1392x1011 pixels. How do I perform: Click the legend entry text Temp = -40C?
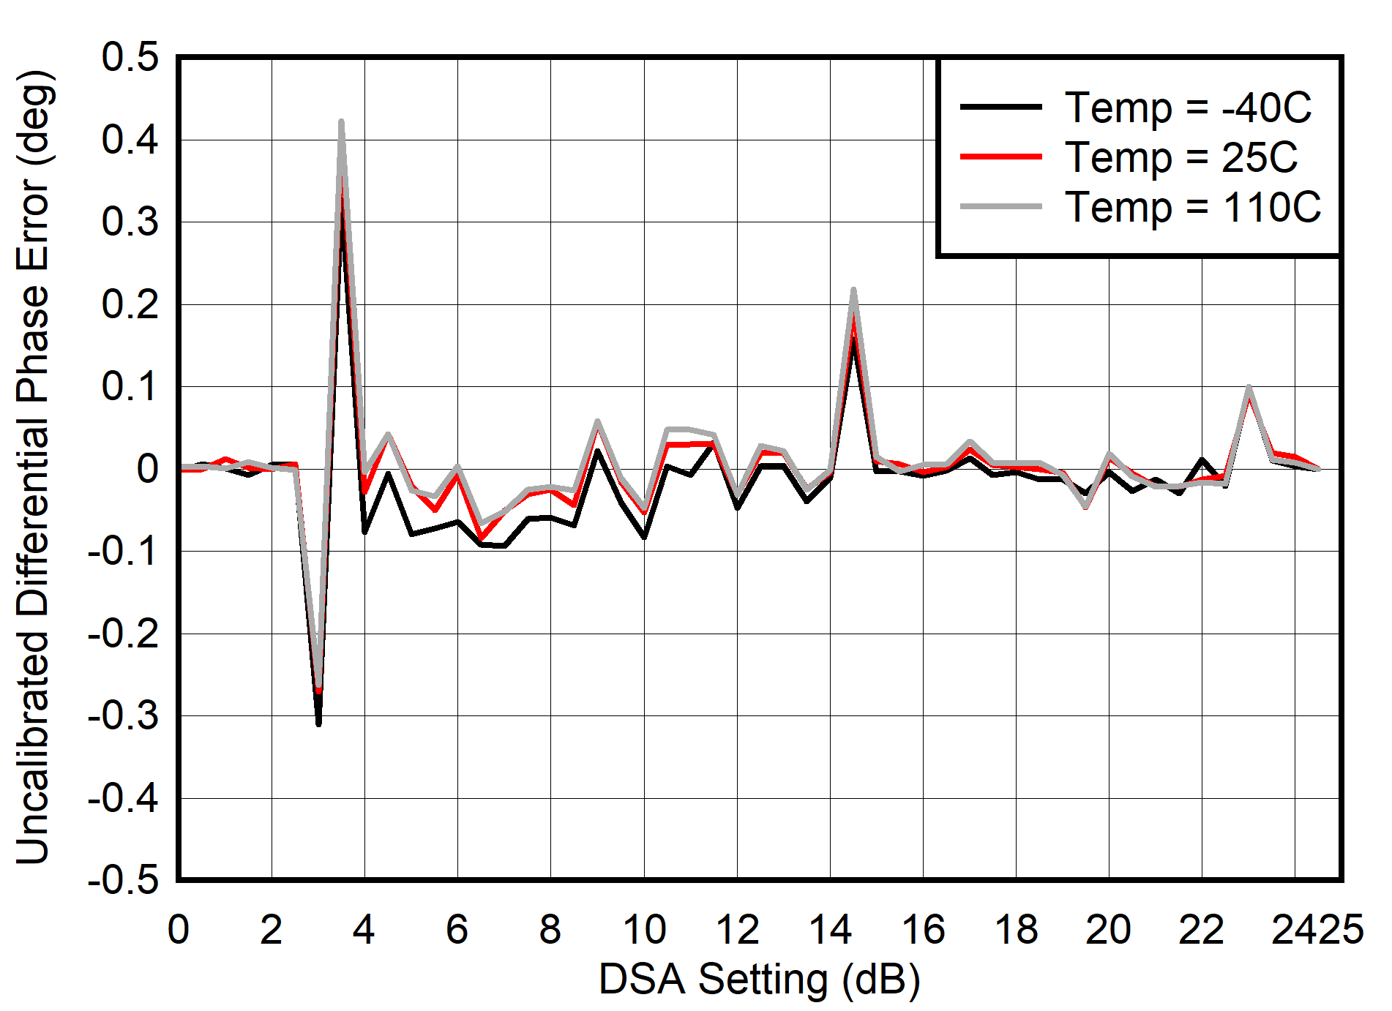(1187, 108)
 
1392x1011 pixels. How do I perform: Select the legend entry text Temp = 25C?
(1180, 157)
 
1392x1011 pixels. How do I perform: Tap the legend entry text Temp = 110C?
(1192, 207)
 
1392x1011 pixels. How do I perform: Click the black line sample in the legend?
(1000, 107)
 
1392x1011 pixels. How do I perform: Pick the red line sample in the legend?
(1000, 157)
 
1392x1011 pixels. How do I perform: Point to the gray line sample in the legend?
(1000, 207)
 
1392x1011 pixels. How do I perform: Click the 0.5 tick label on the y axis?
(130, 57)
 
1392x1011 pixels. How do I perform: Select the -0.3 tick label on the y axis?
(123, 715)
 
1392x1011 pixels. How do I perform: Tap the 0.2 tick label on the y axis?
(130, 304)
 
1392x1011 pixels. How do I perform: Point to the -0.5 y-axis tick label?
(123, 879)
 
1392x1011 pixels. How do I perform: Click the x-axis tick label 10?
(644, 930)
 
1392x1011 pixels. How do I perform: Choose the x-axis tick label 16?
(923, 930)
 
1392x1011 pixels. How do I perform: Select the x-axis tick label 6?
(457, 930)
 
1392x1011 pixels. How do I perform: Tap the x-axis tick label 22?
(1202, 930)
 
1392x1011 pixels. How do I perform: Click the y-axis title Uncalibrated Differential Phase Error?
(33, 468)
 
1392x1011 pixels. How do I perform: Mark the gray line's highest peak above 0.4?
(341, 122)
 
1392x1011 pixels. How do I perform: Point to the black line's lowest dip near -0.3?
(318, 723)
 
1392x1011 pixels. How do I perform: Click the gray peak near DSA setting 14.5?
(853, 291)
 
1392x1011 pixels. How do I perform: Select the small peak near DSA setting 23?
(1249, 388)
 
